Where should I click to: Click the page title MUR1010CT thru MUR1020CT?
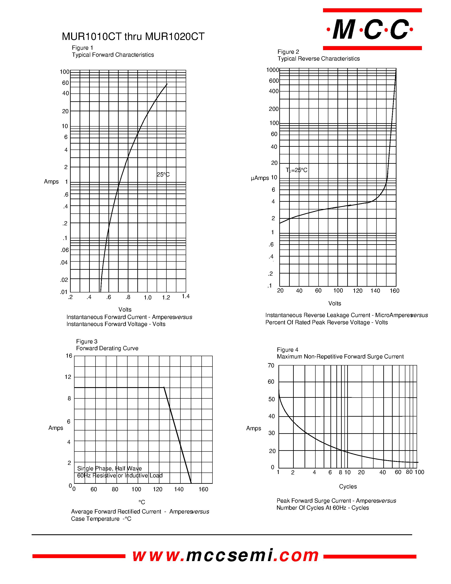point(133,37)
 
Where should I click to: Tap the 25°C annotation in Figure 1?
point(163,175)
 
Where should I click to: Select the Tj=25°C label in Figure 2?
point(296,170)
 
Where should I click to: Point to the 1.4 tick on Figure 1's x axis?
point(186,296)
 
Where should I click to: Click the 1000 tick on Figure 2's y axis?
point(273,70)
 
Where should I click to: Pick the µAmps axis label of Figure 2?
point(260,178)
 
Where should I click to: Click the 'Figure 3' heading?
point(87,341)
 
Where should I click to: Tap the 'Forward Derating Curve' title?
point(107,348)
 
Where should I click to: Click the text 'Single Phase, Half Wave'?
point(109,468)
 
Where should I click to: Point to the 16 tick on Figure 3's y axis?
point(69,356)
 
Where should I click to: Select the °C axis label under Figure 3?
point(142,502)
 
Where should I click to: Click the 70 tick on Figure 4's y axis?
point(271,365)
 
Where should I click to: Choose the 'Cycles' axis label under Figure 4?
point(348,486)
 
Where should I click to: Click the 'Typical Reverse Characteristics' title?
point(319,59)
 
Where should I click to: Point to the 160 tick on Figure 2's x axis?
point(394,291)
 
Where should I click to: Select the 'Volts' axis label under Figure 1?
point(125,309)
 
